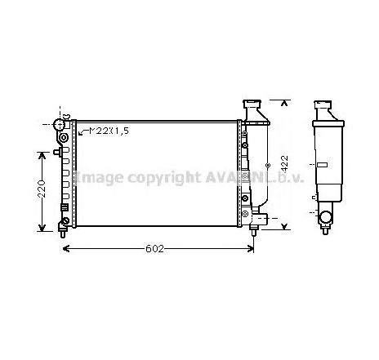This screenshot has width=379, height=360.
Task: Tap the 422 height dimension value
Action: (284, 163)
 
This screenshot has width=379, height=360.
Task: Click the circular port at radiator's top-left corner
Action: (60, 125)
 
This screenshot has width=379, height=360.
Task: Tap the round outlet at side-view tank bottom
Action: (327, 217)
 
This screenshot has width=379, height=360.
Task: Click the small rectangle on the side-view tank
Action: (322, 165)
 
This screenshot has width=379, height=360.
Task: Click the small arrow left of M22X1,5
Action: (81, 131)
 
